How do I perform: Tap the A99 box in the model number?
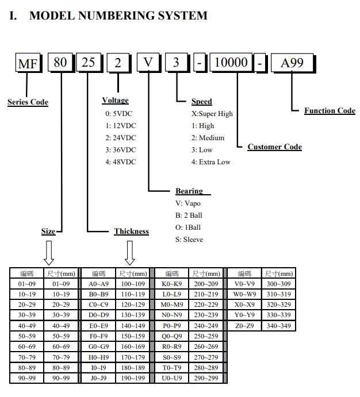[x=292, y=63]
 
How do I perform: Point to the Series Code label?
[x=28, y=102]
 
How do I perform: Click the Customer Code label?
[x=274, y=147]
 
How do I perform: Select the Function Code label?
[x=330, y=110]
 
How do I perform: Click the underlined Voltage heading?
[x=115, y=101]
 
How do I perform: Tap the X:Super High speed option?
[x=212, y=114]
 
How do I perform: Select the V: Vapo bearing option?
[x=188, y=203]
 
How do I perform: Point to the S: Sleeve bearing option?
[x=189, y=240]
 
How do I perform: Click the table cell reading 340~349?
[x=278, y=326]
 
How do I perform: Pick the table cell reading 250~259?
[x=206, y=336]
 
